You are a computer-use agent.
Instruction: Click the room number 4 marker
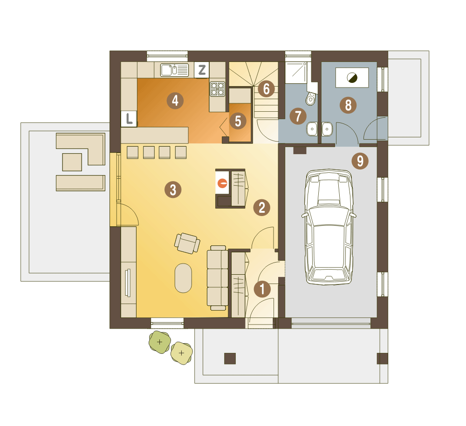tap(175, 101)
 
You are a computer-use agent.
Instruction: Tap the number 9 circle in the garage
tap(360, 161)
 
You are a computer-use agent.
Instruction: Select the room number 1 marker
tap(262, 289)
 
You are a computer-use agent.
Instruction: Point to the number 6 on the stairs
tap(266, 89)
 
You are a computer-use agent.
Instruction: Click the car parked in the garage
tap(329, 227)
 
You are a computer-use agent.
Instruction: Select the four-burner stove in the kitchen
tap(217, 89)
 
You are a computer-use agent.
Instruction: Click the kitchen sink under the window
tap(174, 70)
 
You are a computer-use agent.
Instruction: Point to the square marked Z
tap(202, 70)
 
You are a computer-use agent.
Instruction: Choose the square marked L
tap(129, 119)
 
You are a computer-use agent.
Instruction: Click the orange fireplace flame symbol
tap(222, 183)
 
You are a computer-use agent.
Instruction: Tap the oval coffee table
tap(183, 278)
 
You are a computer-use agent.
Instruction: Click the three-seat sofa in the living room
tap(218, 278)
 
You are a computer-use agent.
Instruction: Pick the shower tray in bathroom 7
tap(296, 73)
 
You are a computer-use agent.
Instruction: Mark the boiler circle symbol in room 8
tap(352, 78)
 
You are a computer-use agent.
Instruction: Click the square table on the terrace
tap(72, 162)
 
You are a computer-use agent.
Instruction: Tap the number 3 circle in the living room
tap(173, 189)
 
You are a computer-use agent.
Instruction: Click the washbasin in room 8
tap(327, 129)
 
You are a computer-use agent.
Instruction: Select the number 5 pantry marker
tap(238, 121)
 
